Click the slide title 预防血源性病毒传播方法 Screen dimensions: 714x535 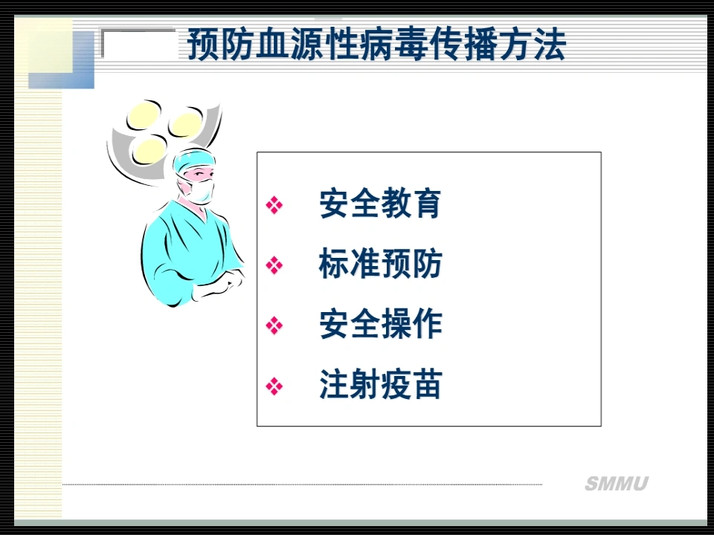coord(376,45)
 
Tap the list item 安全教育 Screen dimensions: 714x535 coord(380,204)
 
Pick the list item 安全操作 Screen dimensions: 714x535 coord(380,325)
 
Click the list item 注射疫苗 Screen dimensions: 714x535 coord(380,385)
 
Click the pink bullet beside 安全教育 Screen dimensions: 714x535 coord(274,205)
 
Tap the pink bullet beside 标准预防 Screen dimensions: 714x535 coord(274,265)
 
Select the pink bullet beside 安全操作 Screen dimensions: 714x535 coord(274,325)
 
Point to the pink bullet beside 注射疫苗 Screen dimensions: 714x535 coord(274,386)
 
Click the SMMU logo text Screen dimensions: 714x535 coord(617,484)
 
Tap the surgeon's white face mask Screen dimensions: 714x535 coord(199,191)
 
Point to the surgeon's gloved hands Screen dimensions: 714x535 coord(219,285)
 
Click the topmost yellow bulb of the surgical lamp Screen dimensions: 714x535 coord(144,114)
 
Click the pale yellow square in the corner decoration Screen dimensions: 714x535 coord(50,45)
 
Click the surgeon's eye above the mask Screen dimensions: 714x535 coord(199,174)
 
